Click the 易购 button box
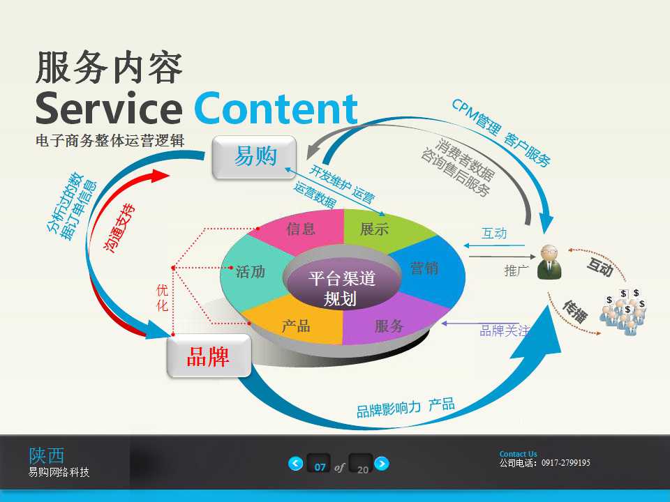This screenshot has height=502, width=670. (x=255, y=156)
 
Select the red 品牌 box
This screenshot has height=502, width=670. (x=208, y=356)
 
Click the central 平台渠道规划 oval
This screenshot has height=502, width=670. (x=342, y=288)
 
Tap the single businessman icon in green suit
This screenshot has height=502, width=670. (x=549, y=263)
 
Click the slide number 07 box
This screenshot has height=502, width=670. (x=320, y=466)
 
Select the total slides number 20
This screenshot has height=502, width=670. (x=362, y=469)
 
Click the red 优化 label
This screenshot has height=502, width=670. (x=162, y=297)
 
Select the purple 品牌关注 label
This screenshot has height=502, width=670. (x=504, y=331)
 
